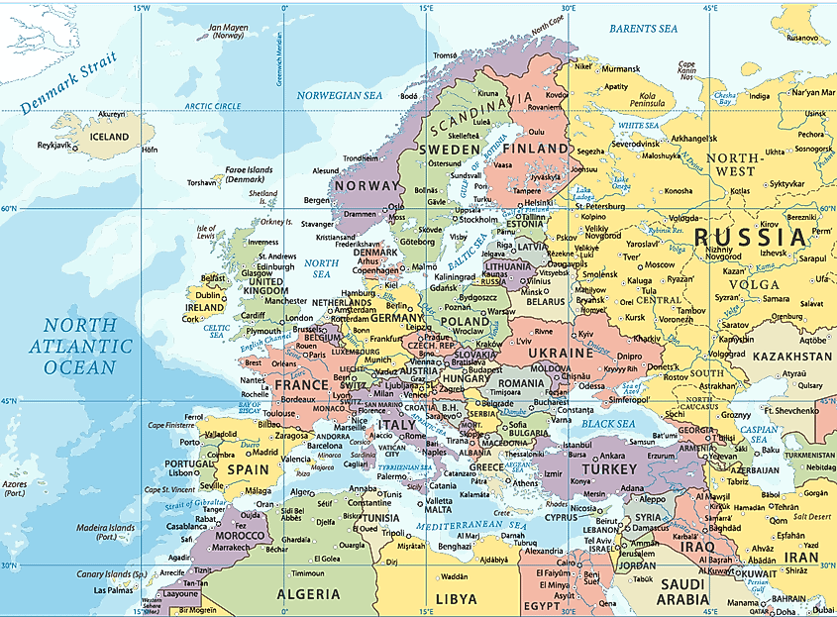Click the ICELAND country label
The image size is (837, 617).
pyautogui.click(x=109, y=136)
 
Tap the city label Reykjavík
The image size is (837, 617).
pyautogui.click(x=56, y=146)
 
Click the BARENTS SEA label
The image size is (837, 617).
pyautogui.click(x=644, y=29)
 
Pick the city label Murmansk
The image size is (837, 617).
pyautogui.click(x=621, y=68)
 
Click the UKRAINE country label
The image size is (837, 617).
pyautogui.click(x=561, y=353)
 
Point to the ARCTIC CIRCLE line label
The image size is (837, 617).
pyautogui.click(x=213, y=106)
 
